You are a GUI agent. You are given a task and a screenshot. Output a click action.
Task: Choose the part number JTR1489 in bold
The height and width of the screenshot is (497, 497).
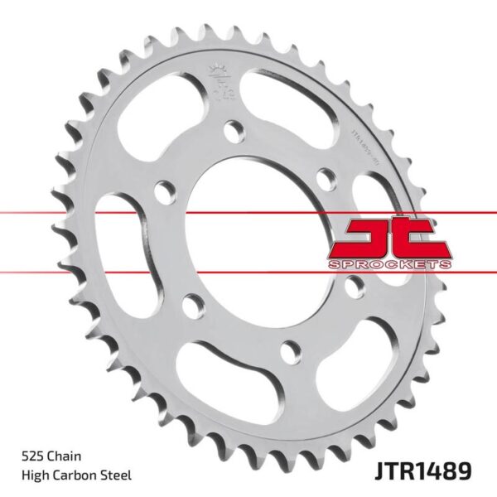tap(424, 470)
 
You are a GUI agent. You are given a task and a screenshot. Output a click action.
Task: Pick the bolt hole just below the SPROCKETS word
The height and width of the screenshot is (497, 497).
tap(355, 286)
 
